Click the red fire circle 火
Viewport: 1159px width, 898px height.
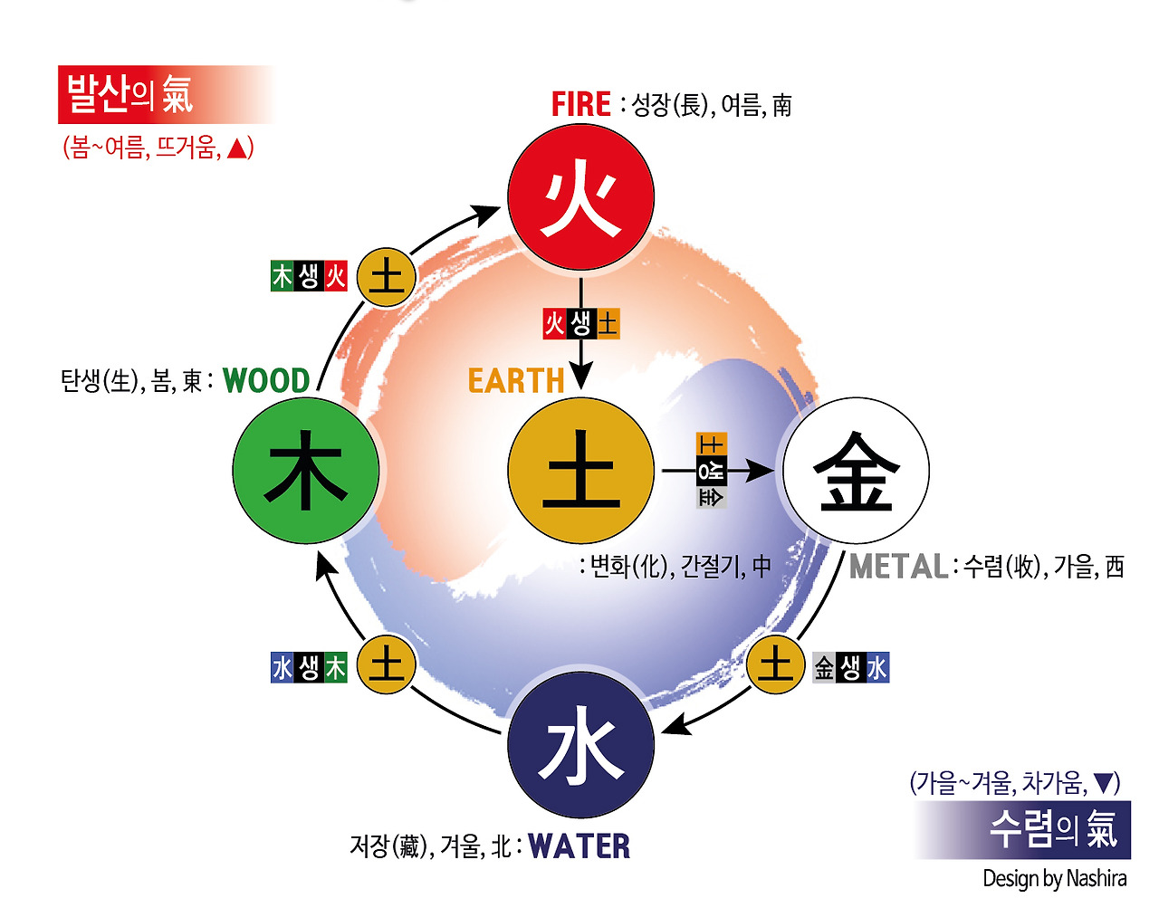580,197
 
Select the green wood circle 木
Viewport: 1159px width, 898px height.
306,471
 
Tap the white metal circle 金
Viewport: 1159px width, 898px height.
856,471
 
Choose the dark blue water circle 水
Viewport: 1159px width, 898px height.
580,744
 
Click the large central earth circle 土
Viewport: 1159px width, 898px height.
580,471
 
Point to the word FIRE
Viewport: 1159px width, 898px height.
581,105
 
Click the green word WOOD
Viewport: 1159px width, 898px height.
266,381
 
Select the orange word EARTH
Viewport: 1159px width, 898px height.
516,381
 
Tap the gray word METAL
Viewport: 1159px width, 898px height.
898,568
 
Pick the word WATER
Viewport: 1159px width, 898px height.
579,846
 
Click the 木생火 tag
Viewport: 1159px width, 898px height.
309,276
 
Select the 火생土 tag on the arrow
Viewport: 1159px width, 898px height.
580,323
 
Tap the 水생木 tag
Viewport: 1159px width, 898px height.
309,668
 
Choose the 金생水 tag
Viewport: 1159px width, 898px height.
851,668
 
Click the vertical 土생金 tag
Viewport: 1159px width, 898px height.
712,471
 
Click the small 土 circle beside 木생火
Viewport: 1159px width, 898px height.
387,277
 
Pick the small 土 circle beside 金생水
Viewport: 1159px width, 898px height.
775,665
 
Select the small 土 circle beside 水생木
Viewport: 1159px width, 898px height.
387,665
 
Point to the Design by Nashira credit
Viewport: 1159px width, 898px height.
1055,879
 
